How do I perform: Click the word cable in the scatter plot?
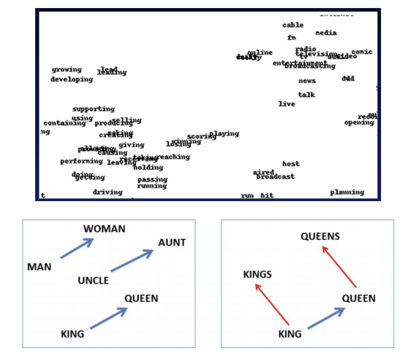(293, 25)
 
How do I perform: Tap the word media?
(326, 33)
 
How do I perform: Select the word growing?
(67, 70)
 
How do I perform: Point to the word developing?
(72, 79)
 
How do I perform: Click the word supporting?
(94, 109)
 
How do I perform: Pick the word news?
(307, 81)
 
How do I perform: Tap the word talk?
(306, 95)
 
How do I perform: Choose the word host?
(291, 164)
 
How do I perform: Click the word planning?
(347, 193)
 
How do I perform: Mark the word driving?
(107, 192)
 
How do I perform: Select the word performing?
(81, 161)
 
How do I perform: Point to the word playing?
(225, 134)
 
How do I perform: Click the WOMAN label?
(105, 229)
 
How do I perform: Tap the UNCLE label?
(93, 281)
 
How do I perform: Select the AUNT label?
(172, 243)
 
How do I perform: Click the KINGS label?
(257, 274)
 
